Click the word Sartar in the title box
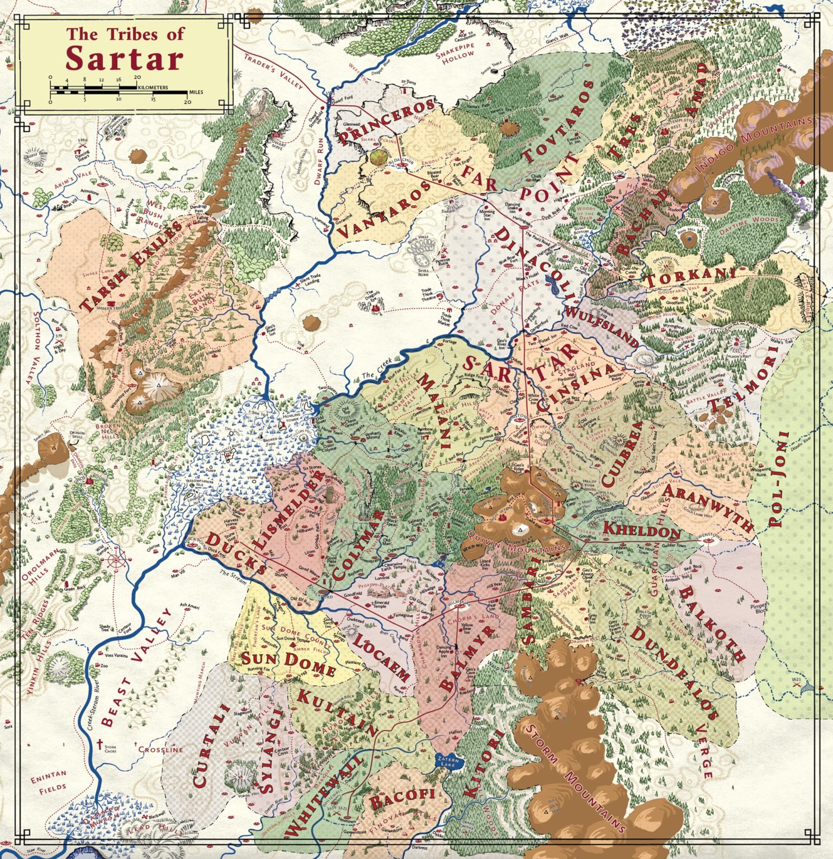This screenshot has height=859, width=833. coord(124,59)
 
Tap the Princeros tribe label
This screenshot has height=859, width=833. coord(386,121)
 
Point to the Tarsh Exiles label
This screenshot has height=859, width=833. coord(132,266)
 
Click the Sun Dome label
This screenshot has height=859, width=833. coord(288,661)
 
